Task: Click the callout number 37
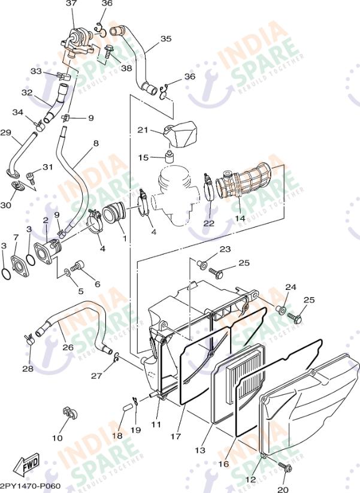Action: pyautogui.click(x=71, y=4)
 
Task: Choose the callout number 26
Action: pyautogui.click(x=68, y=347)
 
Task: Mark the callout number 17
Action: pyautogui.click(x=175, y=437)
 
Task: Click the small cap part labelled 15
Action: pyautogui.click(x=169, y=158)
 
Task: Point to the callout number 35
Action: pyautogui.click(x=166, y=39)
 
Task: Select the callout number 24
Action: pyautogui.click(x=291, y=288)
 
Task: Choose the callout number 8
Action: pyautogui.click(x=95, y=144)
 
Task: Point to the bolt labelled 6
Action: pyautogui.click(x=77, y=267)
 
